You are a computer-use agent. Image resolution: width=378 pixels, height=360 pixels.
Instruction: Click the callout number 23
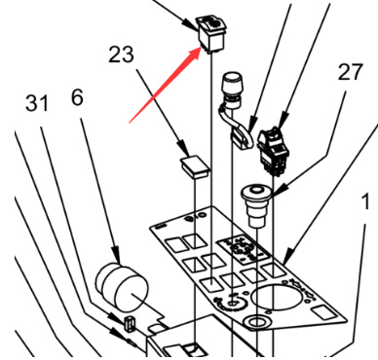121,54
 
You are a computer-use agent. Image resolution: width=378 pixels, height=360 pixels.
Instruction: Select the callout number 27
350,72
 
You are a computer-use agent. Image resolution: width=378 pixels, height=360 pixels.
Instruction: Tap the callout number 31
37,103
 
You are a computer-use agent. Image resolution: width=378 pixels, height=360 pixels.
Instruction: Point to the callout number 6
77,97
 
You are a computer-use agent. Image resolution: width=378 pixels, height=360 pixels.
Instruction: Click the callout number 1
366,201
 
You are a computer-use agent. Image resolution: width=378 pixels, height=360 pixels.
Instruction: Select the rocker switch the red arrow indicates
210,34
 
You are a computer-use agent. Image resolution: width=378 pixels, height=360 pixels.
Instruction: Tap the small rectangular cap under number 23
195,166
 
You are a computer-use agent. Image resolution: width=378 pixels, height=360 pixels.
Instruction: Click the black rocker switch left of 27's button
274,151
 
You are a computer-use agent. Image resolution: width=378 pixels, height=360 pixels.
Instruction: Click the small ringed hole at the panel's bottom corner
257,322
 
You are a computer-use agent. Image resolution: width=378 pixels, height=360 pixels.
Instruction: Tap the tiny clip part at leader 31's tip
130,324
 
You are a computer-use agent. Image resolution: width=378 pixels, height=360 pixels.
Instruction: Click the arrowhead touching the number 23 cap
183,148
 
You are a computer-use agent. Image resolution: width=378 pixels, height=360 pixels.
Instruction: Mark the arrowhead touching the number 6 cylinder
116,256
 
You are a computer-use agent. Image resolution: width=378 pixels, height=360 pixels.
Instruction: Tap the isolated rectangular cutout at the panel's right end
322,312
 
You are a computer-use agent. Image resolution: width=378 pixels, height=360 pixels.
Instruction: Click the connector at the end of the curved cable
242,136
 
